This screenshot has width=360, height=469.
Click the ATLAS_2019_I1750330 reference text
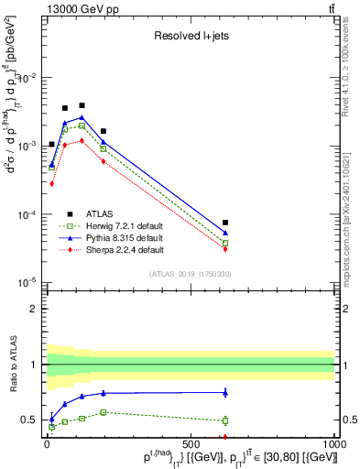tap(191, 274)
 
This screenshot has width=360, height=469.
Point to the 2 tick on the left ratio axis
tap(34, 309)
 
